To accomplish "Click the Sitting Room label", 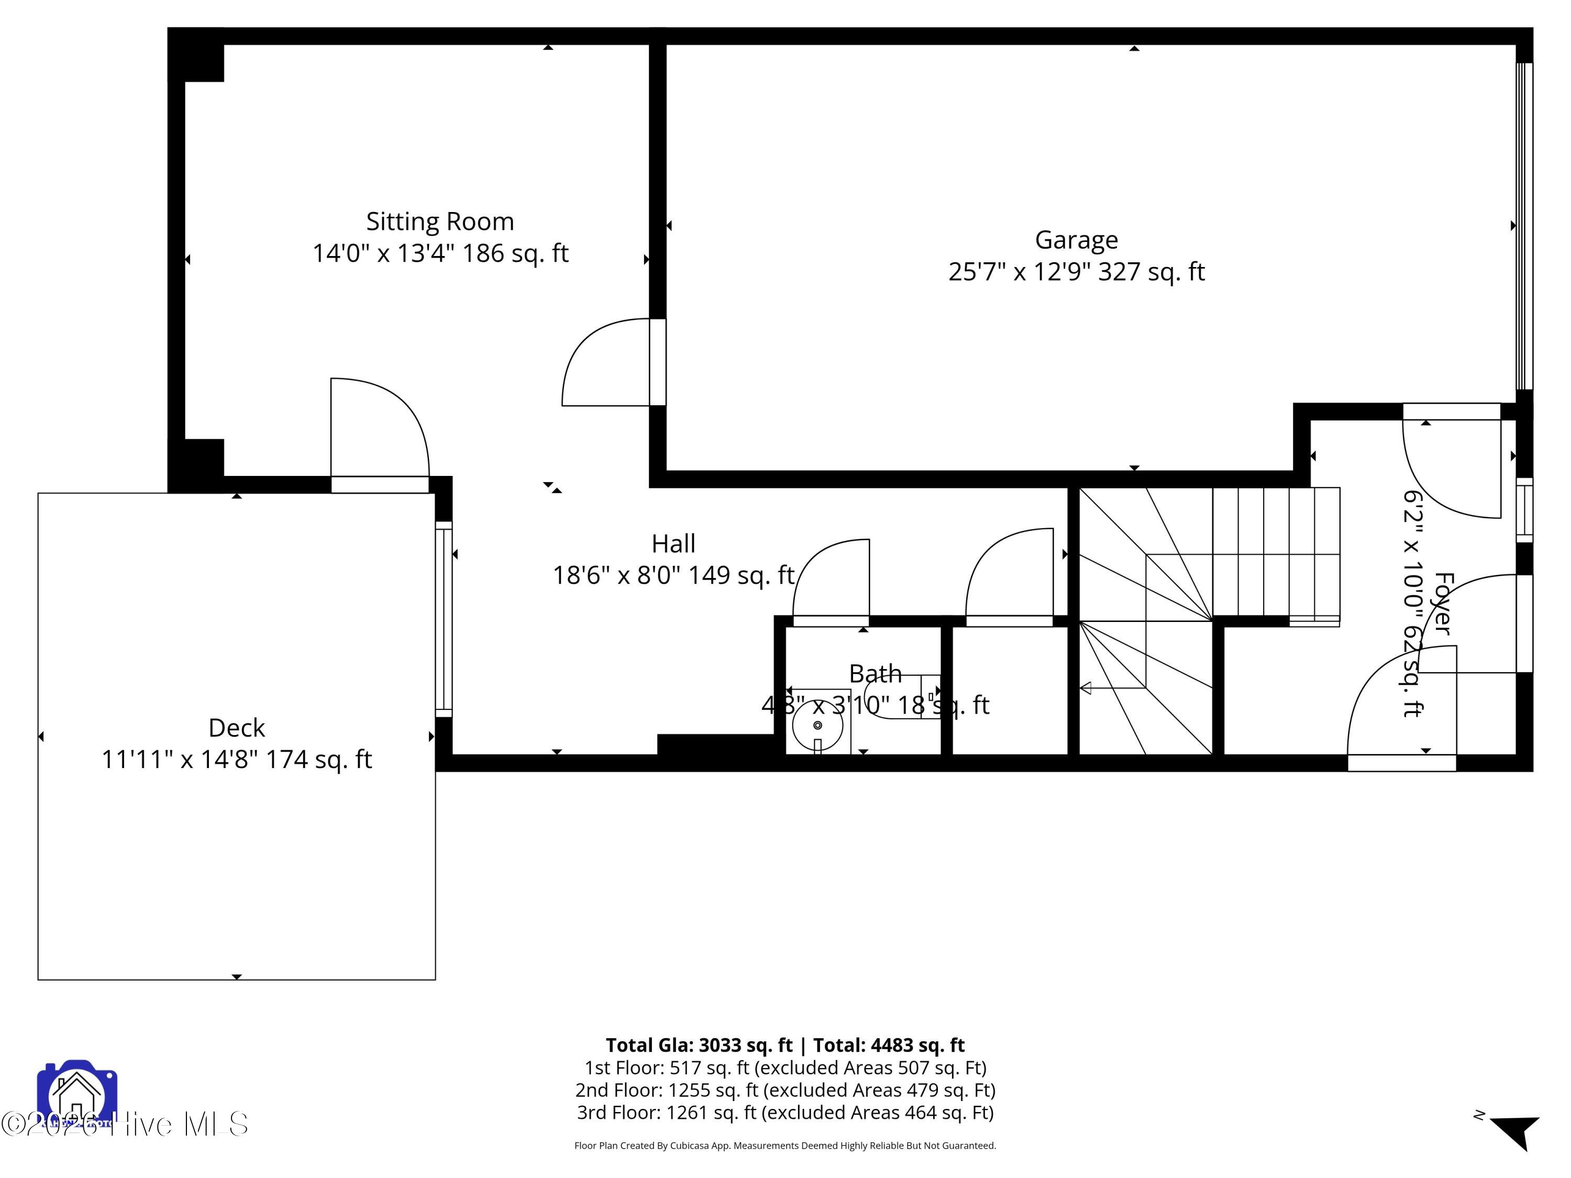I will tap(440, 221).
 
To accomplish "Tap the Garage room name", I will tap(1076, 240).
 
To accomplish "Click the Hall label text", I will tap(673, 544).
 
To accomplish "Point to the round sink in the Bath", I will tap(817, 725).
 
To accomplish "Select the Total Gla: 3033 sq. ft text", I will tap(699, 1045).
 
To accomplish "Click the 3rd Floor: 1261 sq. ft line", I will tap(785, 1113).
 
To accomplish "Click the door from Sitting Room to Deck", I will tap(380, 433).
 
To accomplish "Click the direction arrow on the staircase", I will tap(1086, 687).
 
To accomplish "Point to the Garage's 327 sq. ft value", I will tap(1151, 272).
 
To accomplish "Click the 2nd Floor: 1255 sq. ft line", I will tap(785, 1090).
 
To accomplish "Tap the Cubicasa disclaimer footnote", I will tap(785, 1146).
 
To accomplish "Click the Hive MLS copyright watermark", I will tap(124, 1125).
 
